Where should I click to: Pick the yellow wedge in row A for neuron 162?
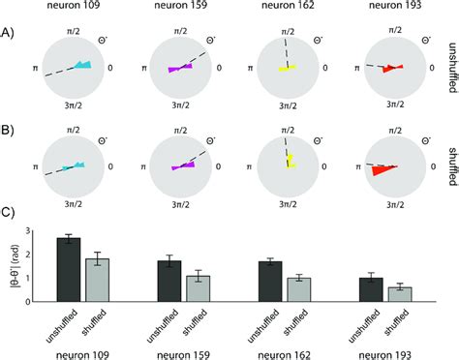click(x=288, y=69)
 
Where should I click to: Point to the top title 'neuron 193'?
click(x=389, y=8)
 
